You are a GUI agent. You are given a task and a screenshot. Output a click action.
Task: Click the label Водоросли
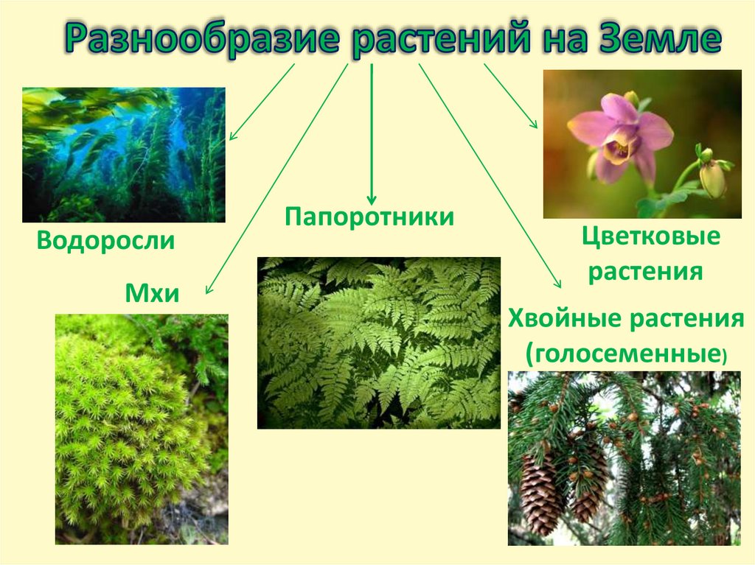[105, 241]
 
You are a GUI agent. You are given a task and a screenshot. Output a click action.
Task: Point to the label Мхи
[153, 294]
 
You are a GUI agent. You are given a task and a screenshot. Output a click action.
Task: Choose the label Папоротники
[369, 218]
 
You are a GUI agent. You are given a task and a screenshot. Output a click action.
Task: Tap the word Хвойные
[565, 320]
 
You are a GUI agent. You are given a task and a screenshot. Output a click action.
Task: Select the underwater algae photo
[123, 155]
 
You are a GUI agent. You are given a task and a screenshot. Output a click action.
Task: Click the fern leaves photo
[378, 343]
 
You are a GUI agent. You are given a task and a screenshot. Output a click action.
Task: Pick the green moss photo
[142, 429]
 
